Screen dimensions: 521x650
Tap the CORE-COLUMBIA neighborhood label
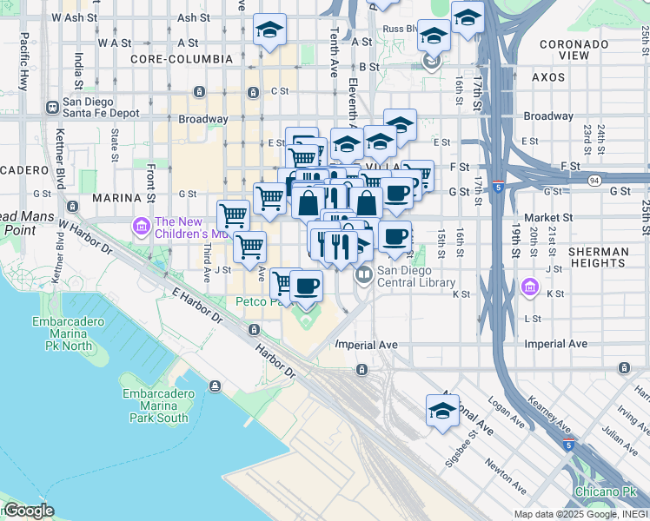click(182, 59)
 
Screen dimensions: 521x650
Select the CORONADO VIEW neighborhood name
click(574, 49)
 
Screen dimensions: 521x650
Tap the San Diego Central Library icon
click(363, 274)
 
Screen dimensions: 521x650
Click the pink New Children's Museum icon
click(141, 227)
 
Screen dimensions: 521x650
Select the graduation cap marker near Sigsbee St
click(442, 411)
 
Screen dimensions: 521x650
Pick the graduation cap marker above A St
click(270, 30)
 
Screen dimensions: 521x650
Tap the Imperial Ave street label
click(366, 345)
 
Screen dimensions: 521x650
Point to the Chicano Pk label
click(607, 492)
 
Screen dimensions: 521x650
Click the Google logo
click(28, 511)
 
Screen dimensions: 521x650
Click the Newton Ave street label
click(505, 475)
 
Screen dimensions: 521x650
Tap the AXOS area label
click(547, 77)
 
